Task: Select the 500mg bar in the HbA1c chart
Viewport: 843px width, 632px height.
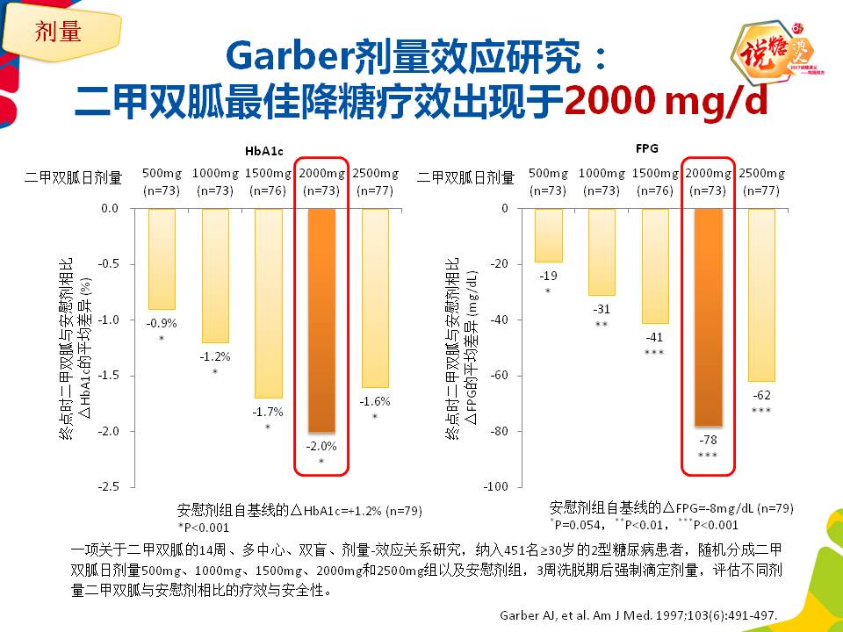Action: [x=162, y=259]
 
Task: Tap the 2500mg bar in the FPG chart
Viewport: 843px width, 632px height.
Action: [x=761, y=295]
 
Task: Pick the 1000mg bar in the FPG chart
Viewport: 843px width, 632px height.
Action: [x=602, y=252]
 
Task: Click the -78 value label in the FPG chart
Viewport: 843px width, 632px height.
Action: [x=707, y=439]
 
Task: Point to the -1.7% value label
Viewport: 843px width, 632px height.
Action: [x=269, y=411]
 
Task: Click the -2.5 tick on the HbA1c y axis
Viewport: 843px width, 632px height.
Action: [x=110, y=486]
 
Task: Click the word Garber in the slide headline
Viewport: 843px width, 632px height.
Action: [x=289, y=56]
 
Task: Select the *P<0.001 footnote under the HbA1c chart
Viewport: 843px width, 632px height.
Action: [x=203, y=527]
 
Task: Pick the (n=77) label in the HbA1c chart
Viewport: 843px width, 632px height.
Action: [x=375, y=190]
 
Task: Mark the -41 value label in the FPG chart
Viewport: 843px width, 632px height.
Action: [x=654, y=337]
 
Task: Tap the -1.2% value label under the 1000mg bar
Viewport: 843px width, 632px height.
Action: [x=214, y=356]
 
